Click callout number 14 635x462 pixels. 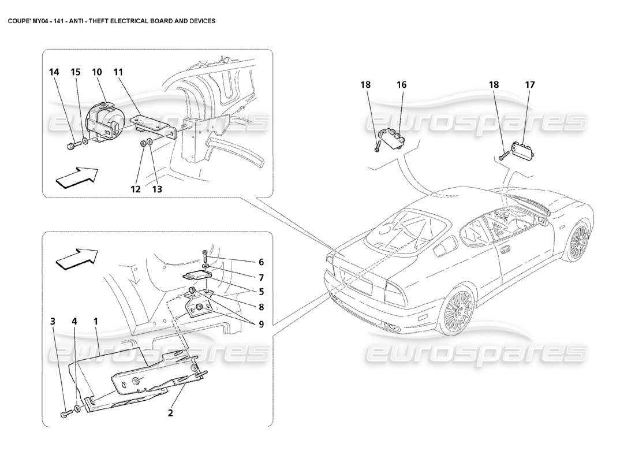coord(54,72)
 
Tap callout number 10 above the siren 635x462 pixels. coord(96,72)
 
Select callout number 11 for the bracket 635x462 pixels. coord(118,72)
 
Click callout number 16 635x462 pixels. coord(401,85)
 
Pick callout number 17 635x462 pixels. coord(530,85)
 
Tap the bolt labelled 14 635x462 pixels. coord(71,145)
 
